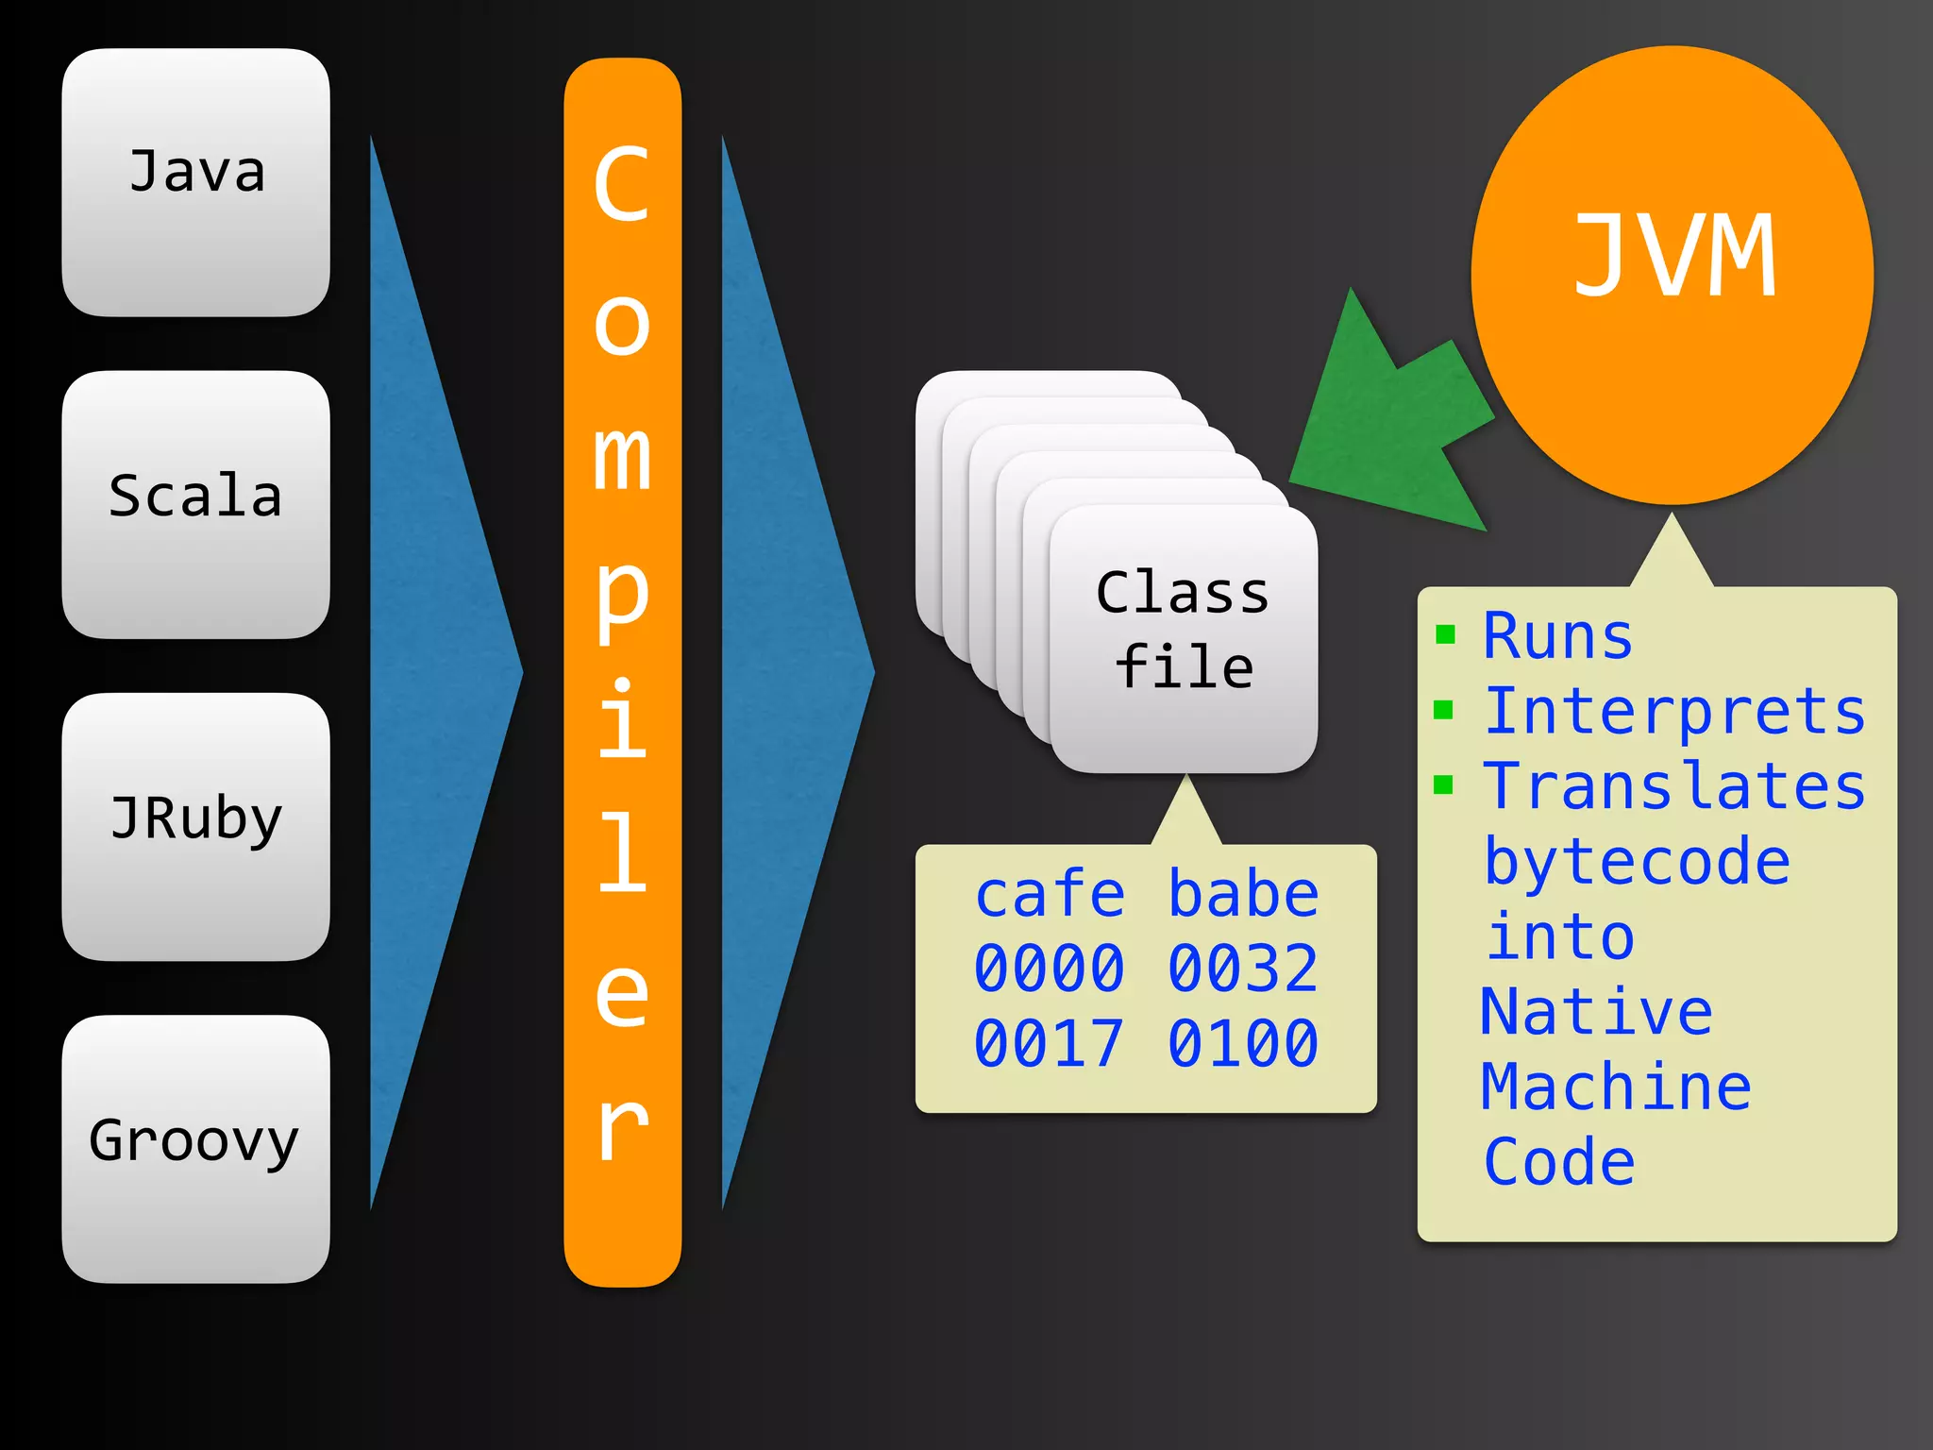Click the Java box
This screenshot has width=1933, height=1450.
[196, 181]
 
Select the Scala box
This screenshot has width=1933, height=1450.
[196, 503]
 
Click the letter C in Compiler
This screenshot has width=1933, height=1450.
[622, 185]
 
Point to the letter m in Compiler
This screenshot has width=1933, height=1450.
[622, 457]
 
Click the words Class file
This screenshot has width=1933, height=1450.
[1184, 630]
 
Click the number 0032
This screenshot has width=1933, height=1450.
[1243, 969]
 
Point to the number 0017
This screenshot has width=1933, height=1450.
[1050, 1043]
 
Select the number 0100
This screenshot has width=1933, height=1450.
[1243, 1043]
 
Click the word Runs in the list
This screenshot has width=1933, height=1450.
[1557, 635]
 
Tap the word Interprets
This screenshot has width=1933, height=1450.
[1674, 711]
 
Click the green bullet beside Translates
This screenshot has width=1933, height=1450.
[1443, 784]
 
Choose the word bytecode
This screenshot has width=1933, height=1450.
[1637, 862]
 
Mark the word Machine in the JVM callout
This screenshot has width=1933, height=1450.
[1616, 1087]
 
